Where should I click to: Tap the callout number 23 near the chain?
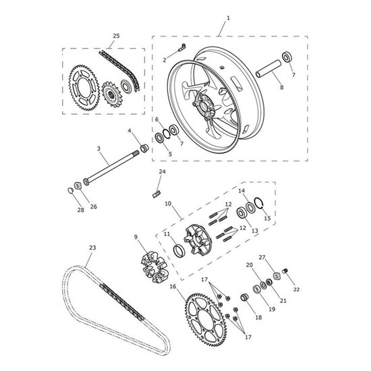tap(90, 247)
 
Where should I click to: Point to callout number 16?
tap(173, 286)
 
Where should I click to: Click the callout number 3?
tap(98, 148)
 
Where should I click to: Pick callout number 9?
tap(136, 237)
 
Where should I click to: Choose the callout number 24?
tap(162, 173)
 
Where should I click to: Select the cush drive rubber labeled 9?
tap(154, 264)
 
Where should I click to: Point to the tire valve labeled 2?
tap(180, 47)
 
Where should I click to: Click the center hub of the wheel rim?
tap(202, 103)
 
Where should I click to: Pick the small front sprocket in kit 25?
tap(110, 92)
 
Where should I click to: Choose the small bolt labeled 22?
tap(284, 271)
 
